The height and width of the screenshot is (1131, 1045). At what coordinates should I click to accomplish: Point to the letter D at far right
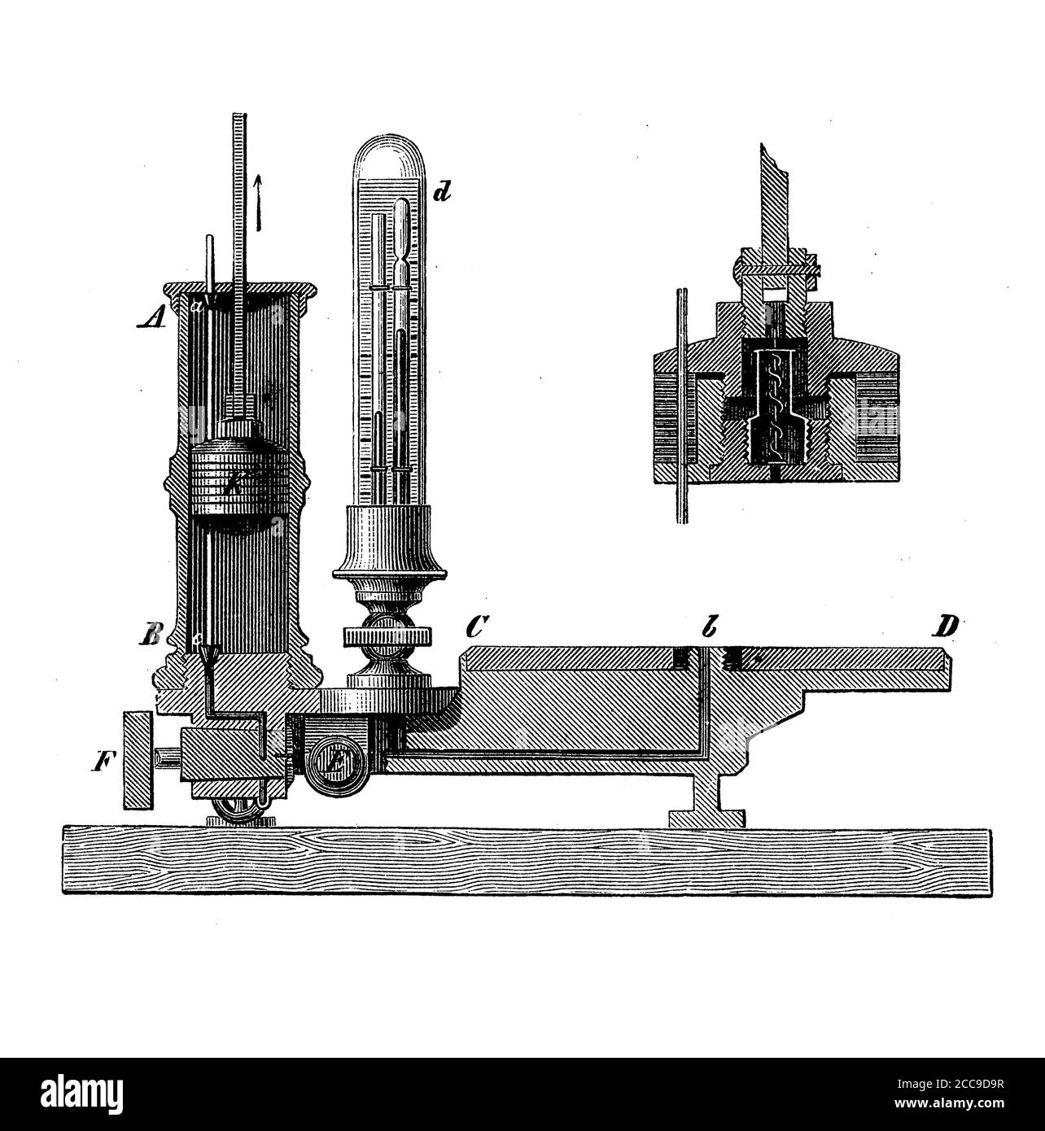tap(947, 628)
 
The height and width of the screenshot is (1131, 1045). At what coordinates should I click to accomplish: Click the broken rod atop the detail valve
tap(774, 196)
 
